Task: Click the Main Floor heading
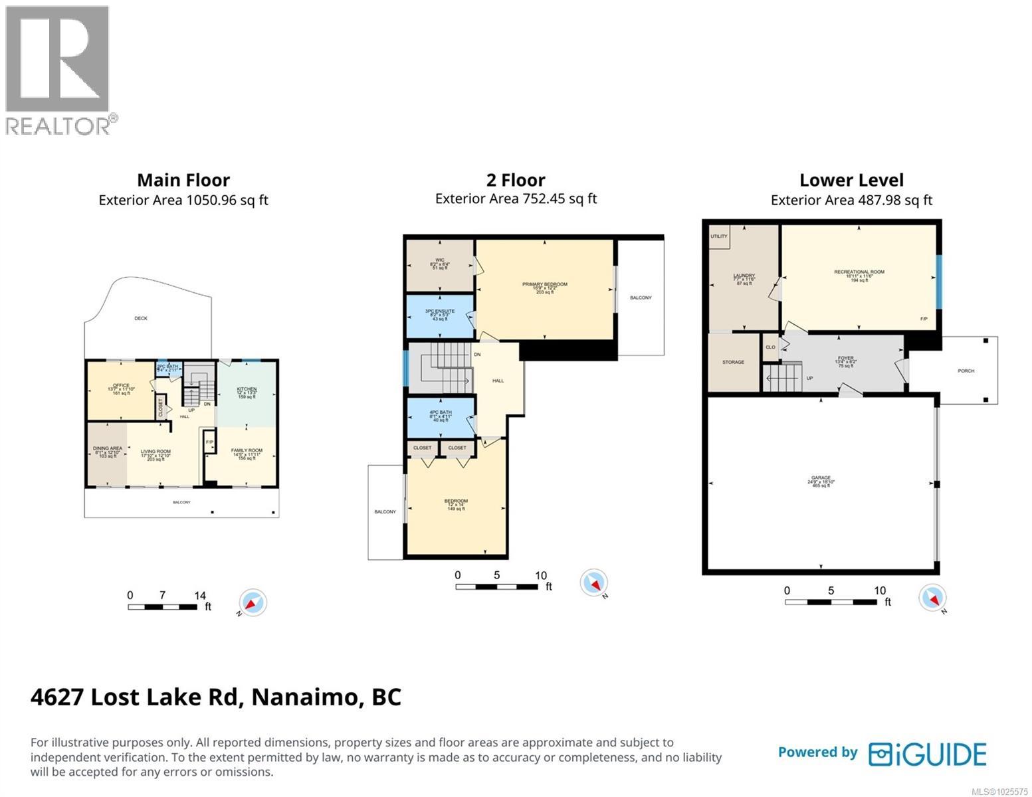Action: click(183, 180)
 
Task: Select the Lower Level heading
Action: click(851, 180)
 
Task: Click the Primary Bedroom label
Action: click(544, 288)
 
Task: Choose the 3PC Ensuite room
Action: click(439, 315)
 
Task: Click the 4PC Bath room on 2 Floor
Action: click(440, 416)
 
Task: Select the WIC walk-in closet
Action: click(439, 264)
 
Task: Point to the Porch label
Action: click(966, 371)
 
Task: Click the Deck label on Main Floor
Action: click(141, 318)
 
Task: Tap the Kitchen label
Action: click(247, 393)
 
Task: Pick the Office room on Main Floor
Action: click(121, 389)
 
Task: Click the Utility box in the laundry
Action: click(718, 236)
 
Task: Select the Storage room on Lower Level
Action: click(733, 363)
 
